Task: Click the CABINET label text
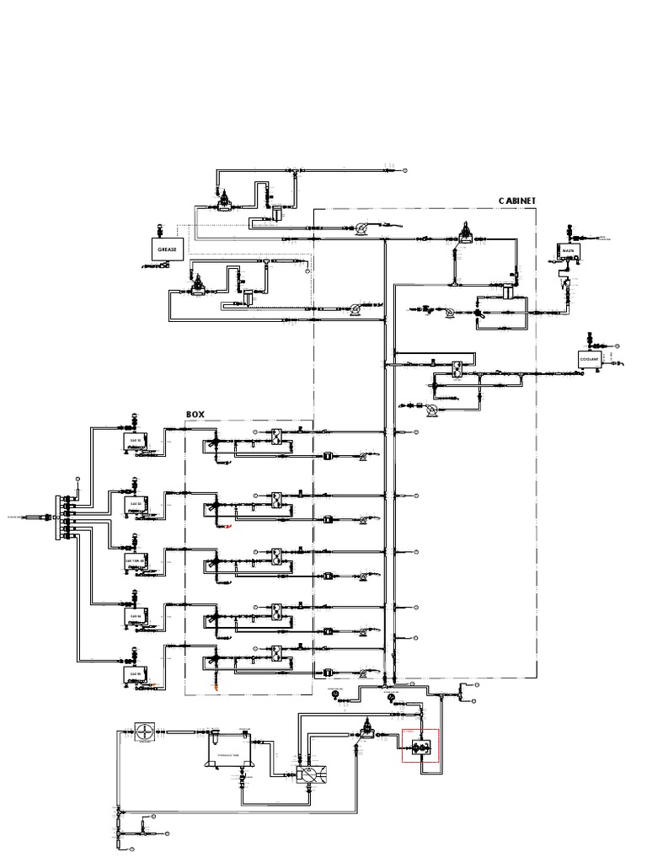tap(516, 201)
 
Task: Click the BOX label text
tap(195, 414)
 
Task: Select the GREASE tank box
tap(165, 249)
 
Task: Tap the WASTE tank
tap(567, 251)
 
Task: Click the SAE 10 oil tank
tap(135, 440)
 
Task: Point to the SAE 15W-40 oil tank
tap(135, 560)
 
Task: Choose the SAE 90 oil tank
tap(135, 675)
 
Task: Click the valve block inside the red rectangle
tap(420, 745)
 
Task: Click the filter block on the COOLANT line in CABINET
tap(455, 368)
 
